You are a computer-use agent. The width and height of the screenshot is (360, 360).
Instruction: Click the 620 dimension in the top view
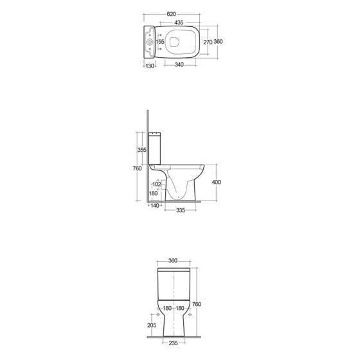click(171, 14)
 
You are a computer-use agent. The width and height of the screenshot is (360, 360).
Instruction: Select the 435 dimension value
click(179, 22)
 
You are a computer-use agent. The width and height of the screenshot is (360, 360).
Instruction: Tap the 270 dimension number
click(208, 42)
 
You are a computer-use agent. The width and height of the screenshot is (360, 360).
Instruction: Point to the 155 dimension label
click(160, 42)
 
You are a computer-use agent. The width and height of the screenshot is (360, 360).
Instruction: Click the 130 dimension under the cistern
click(150, 66)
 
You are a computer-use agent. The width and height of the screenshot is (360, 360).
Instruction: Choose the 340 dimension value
click(179, 65)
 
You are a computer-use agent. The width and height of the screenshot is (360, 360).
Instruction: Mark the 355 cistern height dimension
click(141, 150)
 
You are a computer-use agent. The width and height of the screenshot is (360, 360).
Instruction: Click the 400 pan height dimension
click(216, 183)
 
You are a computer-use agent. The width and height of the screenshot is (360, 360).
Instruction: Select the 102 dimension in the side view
click(157, 184)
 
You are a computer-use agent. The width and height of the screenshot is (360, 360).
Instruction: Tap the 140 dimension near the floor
click(155, 206)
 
